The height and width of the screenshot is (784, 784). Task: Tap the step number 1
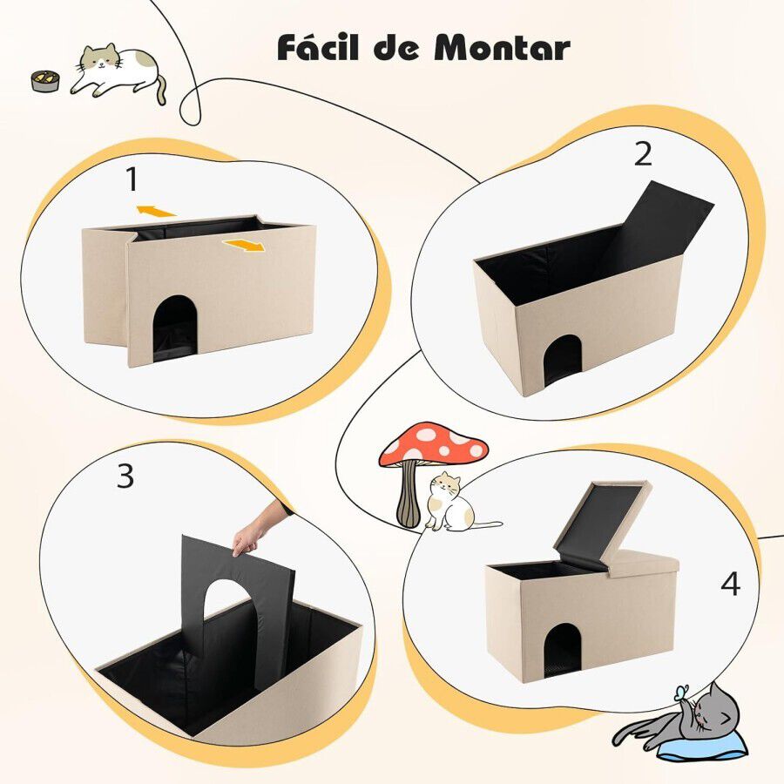132,180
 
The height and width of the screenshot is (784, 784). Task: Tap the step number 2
643,154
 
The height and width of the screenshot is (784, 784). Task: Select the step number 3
125,476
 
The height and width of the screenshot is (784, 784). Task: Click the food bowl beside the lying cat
44,81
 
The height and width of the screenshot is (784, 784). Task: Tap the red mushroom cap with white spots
433,444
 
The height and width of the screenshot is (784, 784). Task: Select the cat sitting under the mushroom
453,503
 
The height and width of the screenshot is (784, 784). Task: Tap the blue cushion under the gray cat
701,745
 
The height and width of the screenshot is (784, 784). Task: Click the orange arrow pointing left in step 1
157,210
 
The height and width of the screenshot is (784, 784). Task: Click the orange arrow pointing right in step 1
243,247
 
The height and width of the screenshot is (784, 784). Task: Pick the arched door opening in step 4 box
562,651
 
